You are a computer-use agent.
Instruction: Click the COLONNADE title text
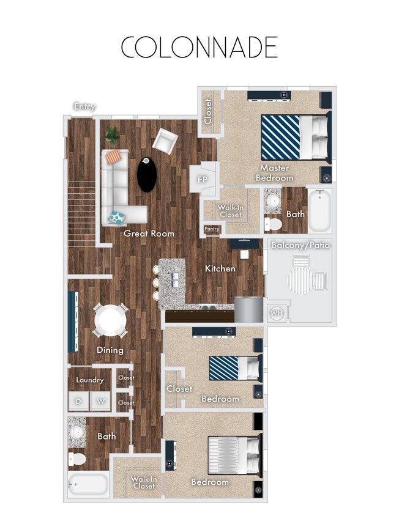(x=199, y=47)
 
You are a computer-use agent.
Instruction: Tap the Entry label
(x=84, y=107)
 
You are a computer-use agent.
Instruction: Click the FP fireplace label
(x=203, y=180)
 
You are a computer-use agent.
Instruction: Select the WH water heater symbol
(x=276, y=313)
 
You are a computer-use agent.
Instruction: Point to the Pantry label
(x=212, y=229)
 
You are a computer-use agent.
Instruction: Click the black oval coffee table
(x=146, y=174)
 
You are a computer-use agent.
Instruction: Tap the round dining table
(x=111, y=320)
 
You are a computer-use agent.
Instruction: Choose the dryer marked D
(x=78, y=401)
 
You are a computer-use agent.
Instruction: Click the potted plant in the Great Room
(x=112, y=133)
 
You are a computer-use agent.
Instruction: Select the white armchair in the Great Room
(x=165, y=142)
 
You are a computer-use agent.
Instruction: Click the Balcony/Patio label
(x=300, y=246)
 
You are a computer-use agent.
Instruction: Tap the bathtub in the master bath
(x=319, y=211)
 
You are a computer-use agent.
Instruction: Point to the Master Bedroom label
(x=274, y=172)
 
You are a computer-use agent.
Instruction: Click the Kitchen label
(x=220, y=268)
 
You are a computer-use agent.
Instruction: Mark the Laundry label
(x=89, y=380)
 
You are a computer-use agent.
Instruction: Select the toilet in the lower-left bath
(x=78, y=458)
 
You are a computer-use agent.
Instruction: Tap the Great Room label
(x=149, y=234)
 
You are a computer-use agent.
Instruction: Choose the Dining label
(x=110, y=350)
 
